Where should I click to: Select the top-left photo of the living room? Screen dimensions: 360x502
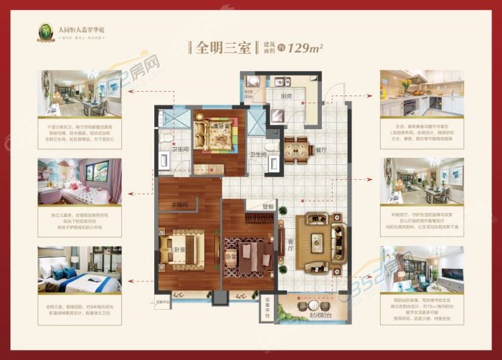click(80, 93)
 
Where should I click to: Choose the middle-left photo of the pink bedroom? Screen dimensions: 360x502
click(80, 181)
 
